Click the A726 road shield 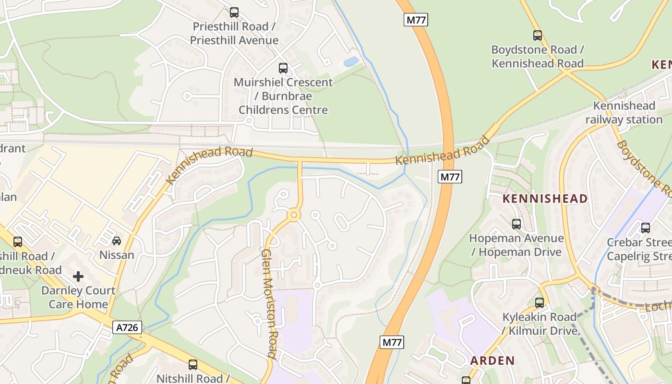128,328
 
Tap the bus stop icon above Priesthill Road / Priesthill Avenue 234,12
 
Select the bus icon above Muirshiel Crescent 283,68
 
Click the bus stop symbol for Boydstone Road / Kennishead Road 538,35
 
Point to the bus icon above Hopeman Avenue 516,224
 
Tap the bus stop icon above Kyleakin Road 540,303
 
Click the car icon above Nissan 117,240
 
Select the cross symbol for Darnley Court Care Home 78,276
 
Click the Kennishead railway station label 624,113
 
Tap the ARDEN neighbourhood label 492,360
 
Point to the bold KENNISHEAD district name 545,198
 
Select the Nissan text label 117,254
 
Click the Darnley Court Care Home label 78,297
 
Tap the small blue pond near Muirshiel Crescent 351,61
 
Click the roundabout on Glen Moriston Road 294,216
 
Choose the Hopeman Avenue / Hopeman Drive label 516,245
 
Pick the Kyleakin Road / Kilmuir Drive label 540,324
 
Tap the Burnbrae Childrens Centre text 283,103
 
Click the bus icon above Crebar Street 646,228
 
